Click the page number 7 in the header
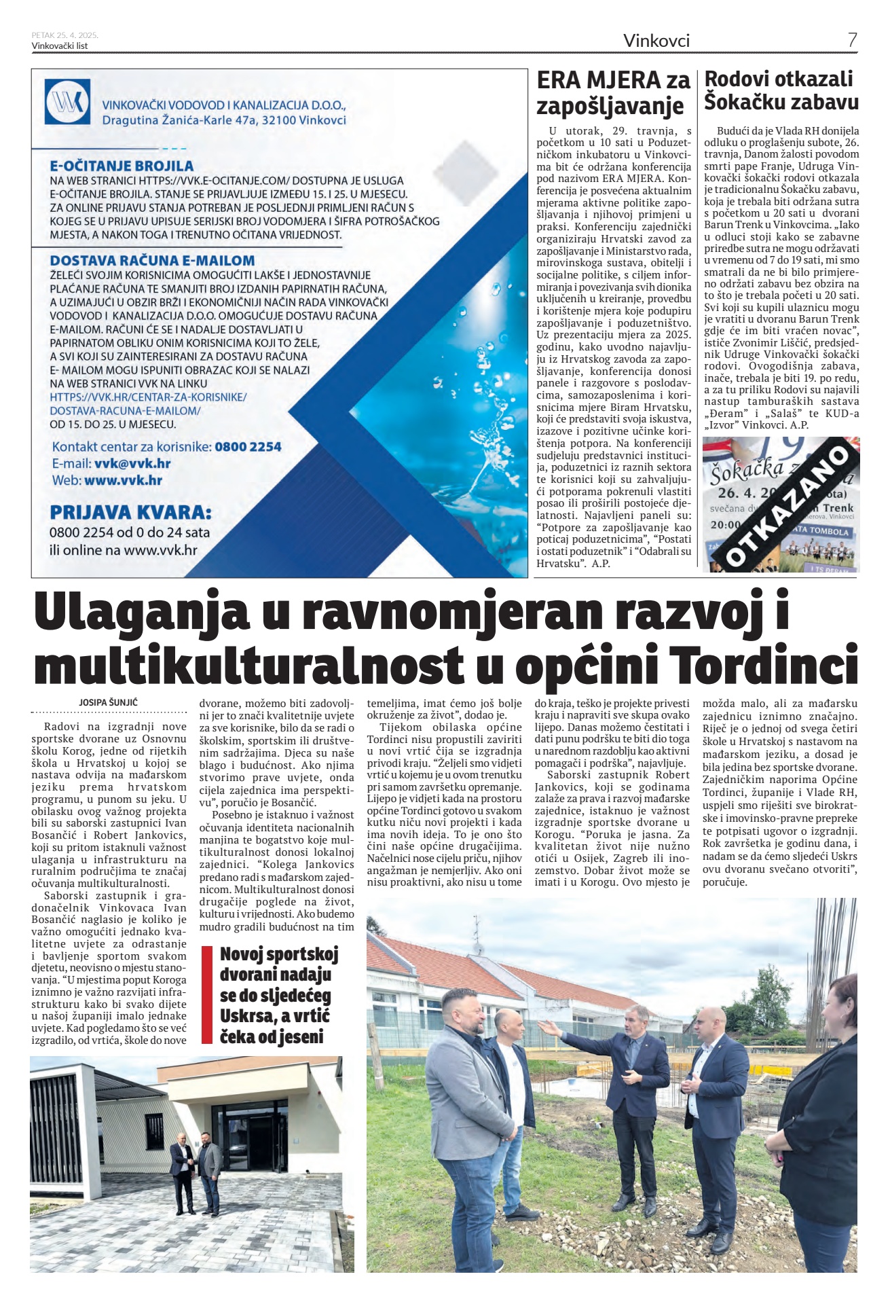click(852, 40)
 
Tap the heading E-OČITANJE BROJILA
click(122, 166)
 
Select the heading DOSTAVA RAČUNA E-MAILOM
click(152, 260)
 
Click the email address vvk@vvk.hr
click(132, 464)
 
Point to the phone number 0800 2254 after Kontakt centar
click(248, 447)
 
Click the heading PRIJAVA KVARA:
click(130, 512)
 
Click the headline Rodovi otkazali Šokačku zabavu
click(781, 90)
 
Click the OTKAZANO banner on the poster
click(787, 506)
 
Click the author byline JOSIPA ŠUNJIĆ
click(109, 702)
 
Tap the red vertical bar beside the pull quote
click(207, 996)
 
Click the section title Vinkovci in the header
click(656, 41)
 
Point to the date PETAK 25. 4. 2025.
click(64, 35)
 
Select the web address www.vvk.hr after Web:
click(123, 480)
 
